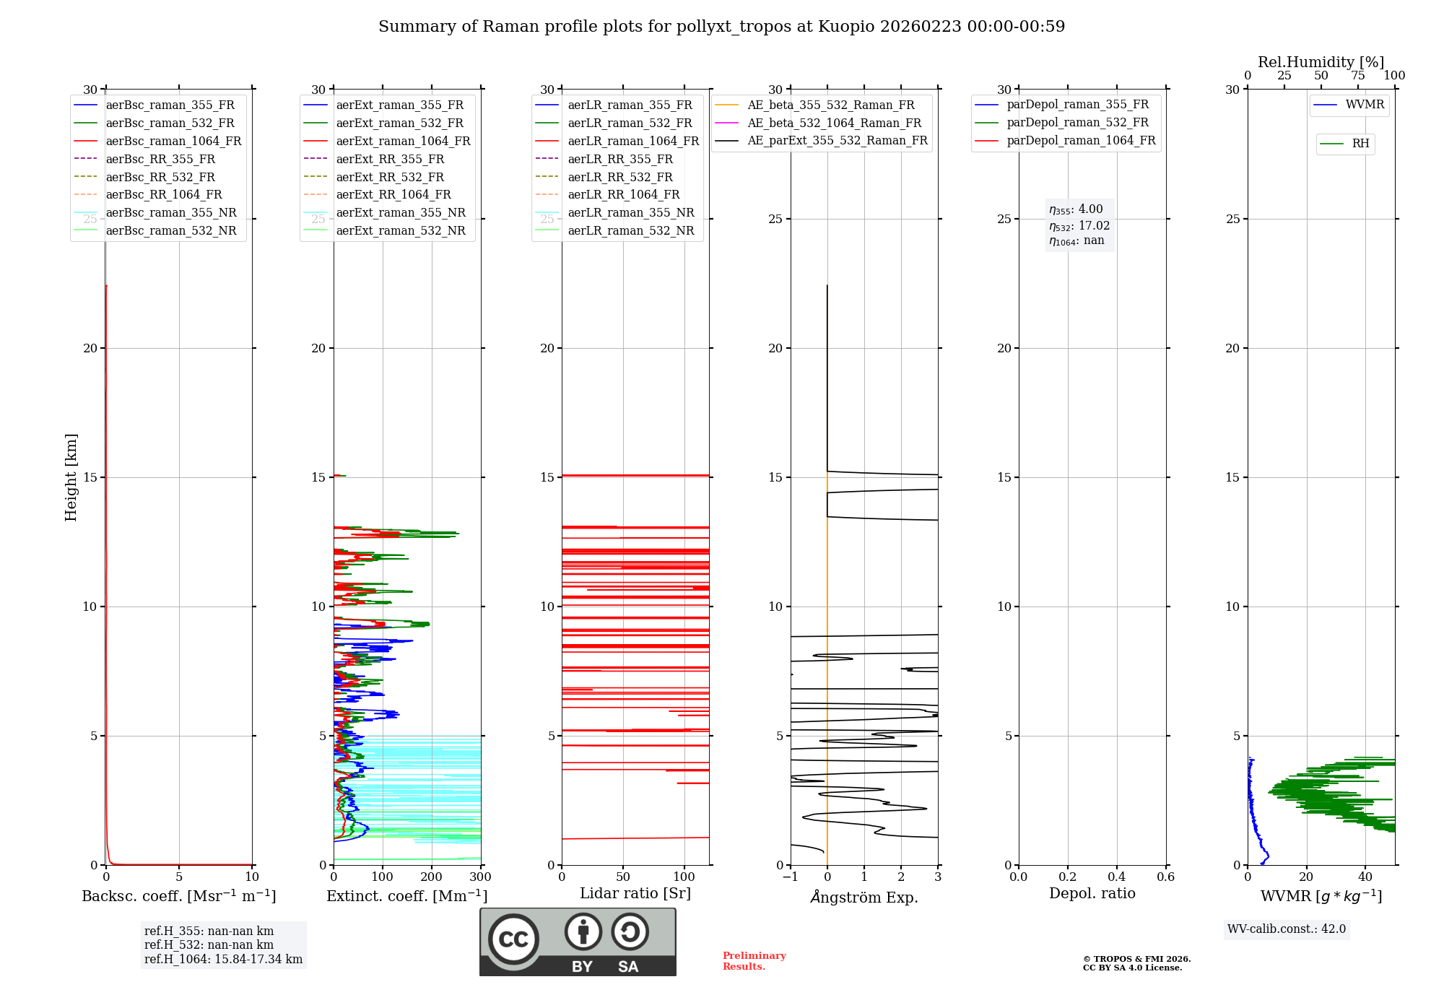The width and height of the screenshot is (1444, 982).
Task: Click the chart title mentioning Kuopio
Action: point(721,27)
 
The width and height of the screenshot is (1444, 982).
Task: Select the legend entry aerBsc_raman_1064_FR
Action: point(173,141)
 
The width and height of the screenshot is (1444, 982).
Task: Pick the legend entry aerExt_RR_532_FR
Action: point(390,177)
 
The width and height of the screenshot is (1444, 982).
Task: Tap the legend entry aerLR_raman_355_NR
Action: point(630,212)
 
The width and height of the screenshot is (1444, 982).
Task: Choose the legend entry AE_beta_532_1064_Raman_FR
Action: point(834,123)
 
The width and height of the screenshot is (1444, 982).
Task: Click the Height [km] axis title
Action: point(71,477)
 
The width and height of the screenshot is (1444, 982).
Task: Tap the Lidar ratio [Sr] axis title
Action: point(635,893)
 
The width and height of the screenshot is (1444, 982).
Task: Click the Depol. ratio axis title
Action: point(1092,893)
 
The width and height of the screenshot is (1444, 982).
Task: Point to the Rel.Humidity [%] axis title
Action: point(1321,62)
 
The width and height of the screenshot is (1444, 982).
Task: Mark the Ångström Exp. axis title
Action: point(864,897)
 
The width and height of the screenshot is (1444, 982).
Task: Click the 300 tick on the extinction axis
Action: point(480,877)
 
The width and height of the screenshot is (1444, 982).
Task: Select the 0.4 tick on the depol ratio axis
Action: point(1116,877)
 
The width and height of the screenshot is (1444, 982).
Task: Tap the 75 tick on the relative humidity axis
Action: point(1358,76)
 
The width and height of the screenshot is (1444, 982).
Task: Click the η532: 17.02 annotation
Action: point(1079,225)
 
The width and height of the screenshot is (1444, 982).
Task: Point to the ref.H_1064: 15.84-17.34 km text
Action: point(223,959)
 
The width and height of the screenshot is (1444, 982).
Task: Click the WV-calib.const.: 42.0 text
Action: point(1287,929)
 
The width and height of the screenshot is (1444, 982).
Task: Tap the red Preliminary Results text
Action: point(754,960)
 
